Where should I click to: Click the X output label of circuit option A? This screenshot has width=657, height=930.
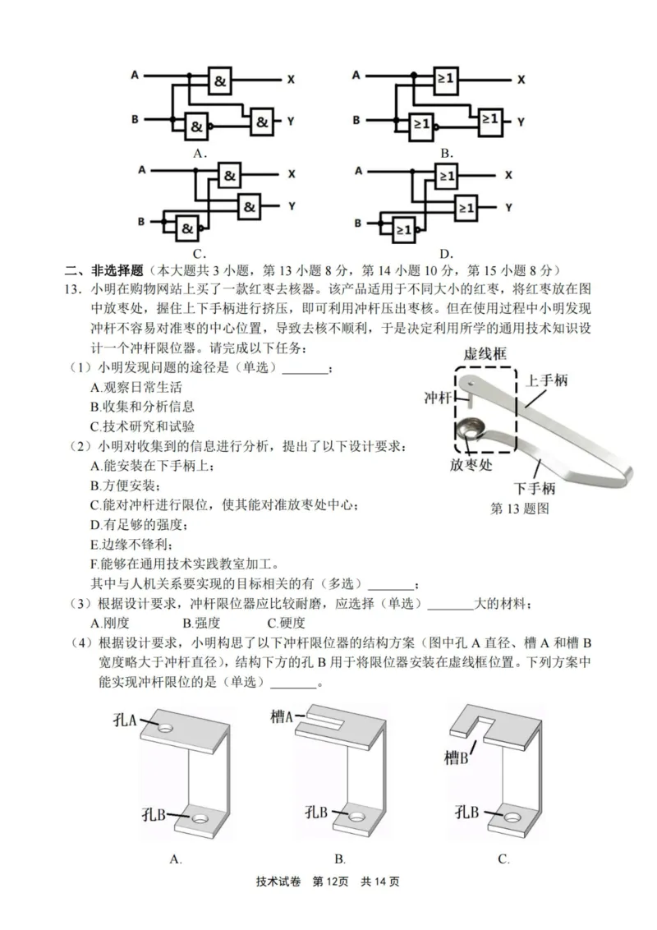[291, 80]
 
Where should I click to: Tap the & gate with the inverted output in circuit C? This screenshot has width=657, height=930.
[189, 228]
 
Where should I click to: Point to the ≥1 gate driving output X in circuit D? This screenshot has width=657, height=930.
[446, 175]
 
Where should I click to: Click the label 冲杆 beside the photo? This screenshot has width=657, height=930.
[438, 398]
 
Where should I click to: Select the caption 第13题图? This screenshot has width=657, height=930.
[519, 509]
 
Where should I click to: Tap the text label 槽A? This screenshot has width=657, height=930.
[283, 717]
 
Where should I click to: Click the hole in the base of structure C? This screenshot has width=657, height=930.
[513, 817]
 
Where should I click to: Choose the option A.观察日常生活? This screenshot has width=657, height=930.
[136, 387]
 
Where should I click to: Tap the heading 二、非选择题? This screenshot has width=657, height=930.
[104, 269]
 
